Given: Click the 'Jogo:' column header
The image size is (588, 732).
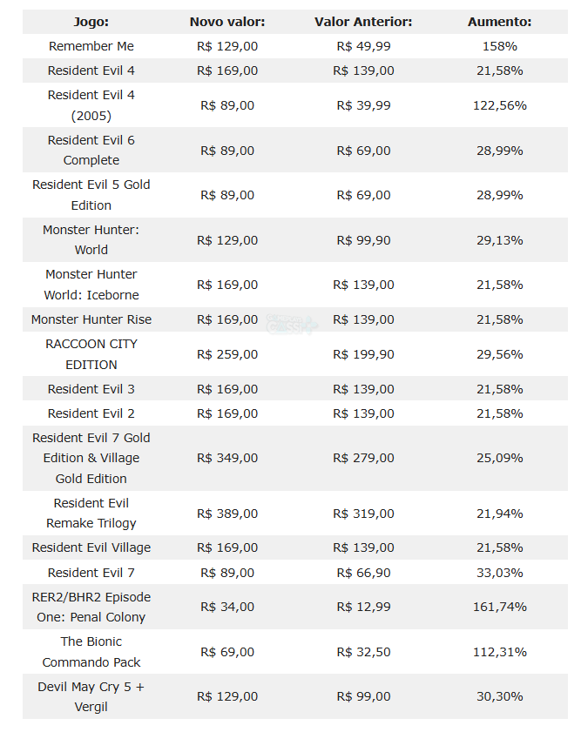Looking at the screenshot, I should [91, 22].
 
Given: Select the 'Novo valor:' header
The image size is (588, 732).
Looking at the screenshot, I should [227, 22].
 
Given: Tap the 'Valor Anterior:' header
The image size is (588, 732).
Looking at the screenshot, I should [363, 22].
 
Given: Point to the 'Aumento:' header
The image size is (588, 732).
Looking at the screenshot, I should [499, 22].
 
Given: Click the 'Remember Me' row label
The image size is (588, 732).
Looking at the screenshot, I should [91, 46].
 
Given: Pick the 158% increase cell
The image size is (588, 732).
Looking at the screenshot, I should [499, 46].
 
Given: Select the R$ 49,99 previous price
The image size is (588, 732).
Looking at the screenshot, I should [363, 46].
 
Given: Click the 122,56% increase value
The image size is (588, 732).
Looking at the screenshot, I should [499, 105].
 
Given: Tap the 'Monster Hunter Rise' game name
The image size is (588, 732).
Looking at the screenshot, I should [91, 319].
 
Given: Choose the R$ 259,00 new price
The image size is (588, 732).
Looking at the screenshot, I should [227, 354].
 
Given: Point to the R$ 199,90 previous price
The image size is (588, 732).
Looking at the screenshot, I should [363, 354].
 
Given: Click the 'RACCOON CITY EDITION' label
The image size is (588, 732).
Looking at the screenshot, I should [91, 354].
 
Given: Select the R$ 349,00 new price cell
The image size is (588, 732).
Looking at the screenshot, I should [227, 458].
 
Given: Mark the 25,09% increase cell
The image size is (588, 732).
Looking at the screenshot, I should [499, 458].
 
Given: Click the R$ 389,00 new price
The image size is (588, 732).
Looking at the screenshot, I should [227, 514].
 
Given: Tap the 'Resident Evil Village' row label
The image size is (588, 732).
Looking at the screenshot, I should [91, 547].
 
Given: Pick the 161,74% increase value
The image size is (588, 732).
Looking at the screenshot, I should [499, 607].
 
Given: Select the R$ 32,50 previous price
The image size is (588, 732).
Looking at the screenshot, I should [363, 652].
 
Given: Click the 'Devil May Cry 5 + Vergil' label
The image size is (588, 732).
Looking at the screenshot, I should [91, 696].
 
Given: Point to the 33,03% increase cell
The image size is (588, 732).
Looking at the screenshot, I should [499, 573].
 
